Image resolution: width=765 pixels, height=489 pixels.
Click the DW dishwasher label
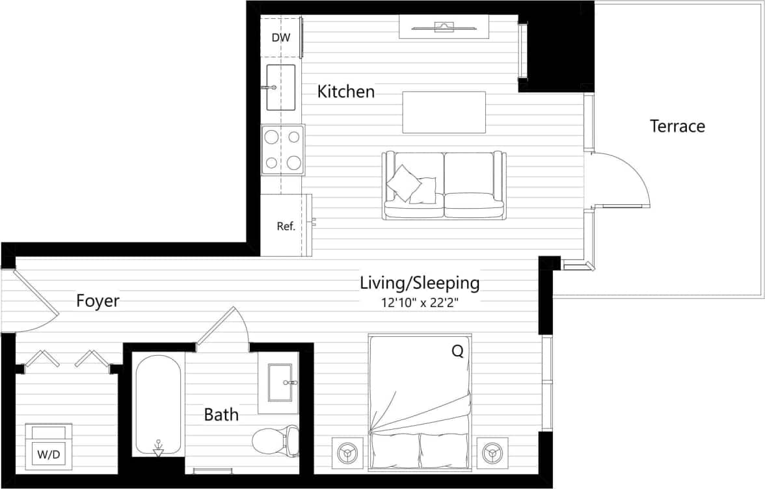click(281, 38)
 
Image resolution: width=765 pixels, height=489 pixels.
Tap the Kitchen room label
click(346, 92)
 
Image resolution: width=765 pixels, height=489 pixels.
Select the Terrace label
click(677, 126)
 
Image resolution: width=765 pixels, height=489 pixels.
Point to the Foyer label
click(98, 301)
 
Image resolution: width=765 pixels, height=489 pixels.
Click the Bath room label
click(221, 414)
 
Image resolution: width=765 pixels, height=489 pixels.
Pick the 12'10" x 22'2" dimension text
click(421, 302)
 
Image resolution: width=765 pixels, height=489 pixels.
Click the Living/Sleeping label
click(420, 284)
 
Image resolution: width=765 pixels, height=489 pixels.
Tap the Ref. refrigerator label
click(286, 226)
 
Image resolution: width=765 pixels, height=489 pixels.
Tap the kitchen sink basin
click(280, 87)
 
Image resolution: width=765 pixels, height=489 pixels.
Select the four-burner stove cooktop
click(283, 150)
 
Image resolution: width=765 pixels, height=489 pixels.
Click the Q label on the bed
click(457, 352)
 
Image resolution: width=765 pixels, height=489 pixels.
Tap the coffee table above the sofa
click(444, 112)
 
